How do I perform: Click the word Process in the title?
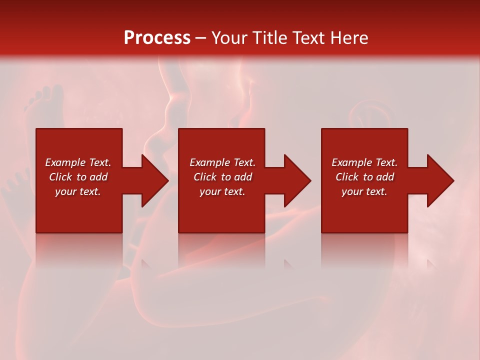pyautogui.click(x=157, y=38)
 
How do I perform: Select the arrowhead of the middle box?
pyautogui.click(x=297, y=180)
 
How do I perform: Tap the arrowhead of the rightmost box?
pyautogui.click(x=440, y=180)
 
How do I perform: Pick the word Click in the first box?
pyautogui.click(x=61, y=177)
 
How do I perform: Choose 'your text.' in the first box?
pyautogui.click(x=78, y=191)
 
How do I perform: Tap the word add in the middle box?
pyautogui.click(x=242, y=177)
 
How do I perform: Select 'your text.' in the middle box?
pyautogui.click(x=222, y=191)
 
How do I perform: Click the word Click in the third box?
pyautogui.click(x=347, y=177)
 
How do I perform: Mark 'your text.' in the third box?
pyautogui.click(x=364, y=191)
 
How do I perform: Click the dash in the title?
pyautogui.click(x=200, y=38)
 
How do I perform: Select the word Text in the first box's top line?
pyautogui.click(x=99, y=162)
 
